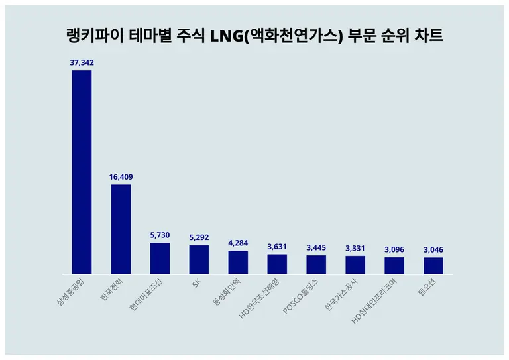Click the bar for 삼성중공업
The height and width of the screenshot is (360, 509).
(82, 172)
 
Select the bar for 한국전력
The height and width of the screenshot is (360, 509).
(121, 229)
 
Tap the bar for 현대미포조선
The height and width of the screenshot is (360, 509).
(160, 258)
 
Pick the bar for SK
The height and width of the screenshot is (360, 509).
(199, 259)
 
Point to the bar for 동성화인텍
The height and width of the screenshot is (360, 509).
(238, 262)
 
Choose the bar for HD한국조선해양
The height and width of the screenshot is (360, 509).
(277, 264)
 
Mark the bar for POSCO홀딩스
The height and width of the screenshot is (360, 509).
(316, 265)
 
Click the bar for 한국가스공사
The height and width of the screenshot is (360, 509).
(355, 265)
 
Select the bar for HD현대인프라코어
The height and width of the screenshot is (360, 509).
(394, 265)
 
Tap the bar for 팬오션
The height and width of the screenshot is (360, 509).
(433, 265)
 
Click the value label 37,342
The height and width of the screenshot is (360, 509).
(82, 62)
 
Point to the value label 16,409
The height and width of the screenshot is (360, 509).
(121, 177)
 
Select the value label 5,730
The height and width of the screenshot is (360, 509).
(160, 235)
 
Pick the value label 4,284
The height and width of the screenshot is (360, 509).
(238, 243)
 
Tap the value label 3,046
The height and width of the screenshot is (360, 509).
(433, 250)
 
